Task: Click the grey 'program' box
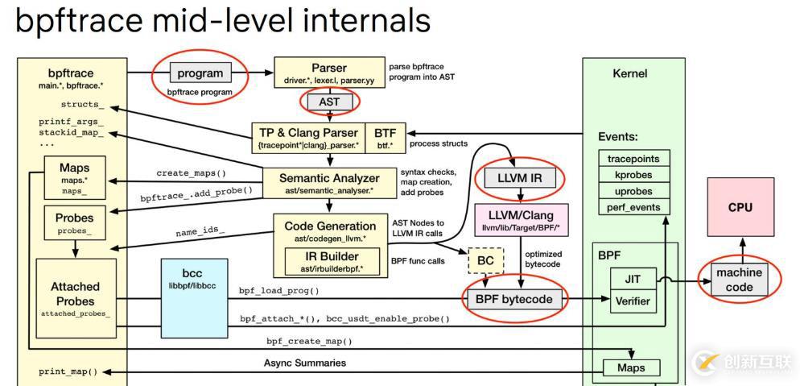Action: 200,73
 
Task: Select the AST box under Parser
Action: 328,102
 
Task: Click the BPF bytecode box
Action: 513,300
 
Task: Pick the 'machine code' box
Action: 740,280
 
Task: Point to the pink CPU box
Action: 740,207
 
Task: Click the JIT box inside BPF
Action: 633,280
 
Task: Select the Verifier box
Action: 633,302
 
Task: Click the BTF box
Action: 385,137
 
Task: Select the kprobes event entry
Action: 633,175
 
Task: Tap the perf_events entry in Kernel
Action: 633,207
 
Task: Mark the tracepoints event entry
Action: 633,159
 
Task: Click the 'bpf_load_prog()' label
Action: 278,290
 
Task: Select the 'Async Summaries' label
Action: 304,363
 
